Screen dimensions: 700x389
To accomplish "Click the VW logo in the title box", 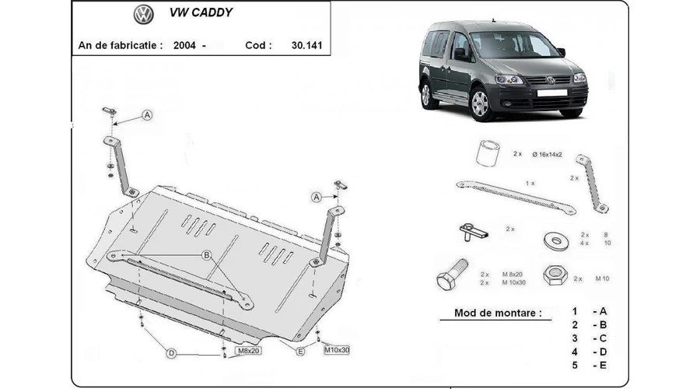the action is (143, 14).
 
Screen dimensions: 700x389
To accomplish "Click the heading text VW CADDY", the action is (201, 12).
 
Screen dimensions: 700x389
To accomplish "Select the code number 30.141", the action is (306, 45).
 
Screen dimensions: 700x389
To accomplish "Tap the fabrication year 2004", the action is (184, 45).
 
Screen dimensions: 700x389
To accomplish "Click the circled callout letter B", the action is (206, 255).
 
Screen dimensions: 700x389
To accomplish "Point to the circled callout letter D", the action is (171, 353).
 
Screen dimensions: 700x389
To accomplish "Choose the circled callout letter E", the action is (300, 352).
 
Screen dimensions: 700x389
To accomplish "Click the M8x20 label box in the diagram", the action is (248, 351).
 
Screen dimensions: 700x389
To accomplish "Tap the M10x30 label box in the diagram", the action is (337, 350).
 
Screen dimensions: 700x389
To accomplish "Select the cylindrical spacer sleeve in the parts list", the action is (488, 153).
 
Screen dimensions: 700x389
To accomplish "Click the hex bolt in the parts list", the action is (452, 274).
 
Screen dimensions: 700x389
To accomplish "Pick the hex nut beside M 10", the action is (555, 275).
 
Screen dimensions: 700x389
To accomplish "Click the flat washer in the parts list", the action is (556, 241).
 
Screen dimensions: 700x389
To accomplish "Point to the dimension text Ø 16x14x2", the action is (547, 155).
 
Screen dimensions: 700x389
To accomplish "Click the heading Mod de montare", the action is (498, 313).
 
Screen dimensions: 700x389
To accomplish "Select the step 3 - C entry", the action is (590, 338).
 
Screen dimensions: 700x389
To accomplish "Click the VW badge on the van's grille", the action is (551, 80).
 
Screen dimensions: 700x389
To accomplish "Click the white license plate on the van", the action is (551, 93).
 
